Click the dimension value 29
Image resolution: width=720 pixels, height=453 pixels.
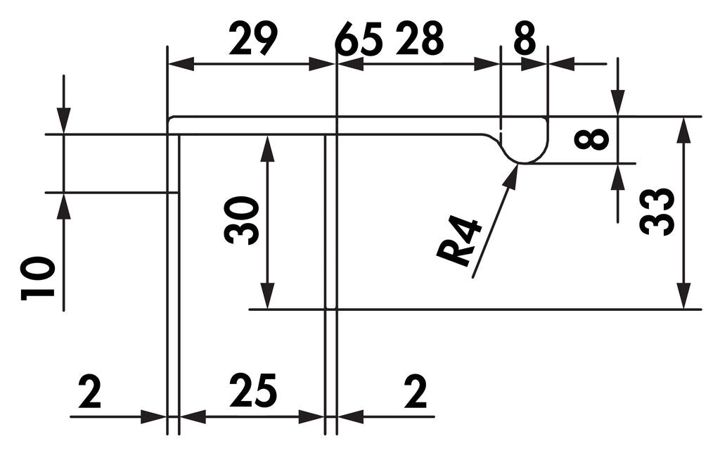click(x=253, y=39)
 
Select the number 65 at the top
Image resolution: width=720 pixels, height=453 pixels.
click(x=359, y=39)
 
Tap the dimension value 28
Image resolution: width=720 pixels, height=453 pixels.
click(x=420, y=38)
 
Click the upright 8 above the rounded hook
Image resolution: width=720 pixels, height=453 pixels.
click(x=525, y=38)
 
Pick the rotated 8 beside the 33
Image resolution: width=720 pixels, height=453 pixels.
click(x=592, y=140)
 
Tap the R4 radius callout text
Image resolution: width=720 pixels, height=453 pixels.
click(x=460, y=242)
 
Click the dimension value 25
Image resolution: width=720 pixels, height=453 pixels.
click(x=253, y=390)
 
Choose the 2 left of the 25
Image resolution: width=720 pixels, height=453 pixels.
click(x=90, y=391)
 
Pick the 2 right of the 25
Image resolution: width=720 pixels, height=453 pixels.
click(x=416, y=391)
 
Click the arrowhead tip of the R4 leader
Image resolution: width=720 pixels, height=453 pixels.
click(x=518, y=165)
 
